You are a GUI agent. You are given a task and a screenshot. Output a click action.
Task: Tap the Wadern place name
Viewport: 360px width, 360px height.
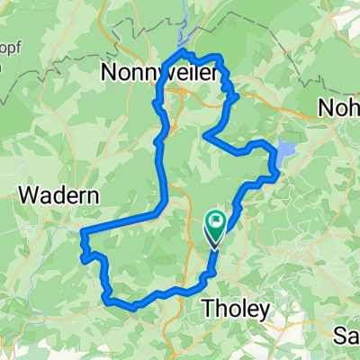59,194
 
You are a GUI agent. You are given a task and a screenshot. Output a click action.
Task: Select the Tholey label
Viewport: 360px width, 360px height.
233,309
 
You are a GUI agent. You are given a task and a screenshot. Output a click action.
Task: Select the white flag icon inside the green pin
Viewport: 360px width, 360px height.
217,221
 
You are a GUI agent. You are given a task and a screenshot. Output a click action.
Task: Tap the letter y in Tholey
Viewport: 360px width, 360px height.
263,311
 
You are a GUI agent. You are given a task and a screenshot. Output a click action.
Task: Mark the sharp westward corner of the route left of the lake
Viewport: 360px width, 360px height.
207,136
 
